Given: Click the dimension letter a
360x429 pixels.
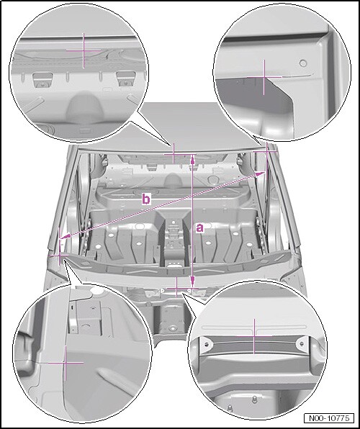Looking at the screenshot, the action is pos(200,228).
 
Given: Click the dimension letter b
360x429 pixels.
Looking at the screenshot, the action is pos(146,199).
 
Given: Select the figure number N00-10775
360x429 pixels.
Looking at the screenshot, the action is pos(329,418).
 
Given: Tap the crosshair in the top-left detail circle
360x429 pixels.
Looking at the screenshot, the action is pos(84,50).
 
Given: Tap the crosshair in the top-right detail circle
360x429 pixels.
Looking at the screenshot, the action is pos(264,78).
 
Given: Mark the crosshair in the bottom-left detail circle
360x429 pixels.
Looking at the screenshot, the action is pos(66,363).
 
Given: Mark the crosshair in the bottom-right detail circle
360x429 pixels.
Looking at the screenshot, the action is pos(254,336).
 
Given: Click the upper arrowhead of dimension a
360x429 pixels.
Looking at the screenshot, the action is pos(193,158).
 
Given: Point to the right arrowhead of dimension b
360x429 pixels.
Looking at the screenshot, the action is pos(261,174).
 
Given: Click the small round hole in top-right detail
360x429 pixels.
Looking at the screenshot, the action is pos(303,63).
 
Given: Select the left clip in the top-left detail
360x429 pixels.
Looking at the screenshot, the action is pos(42,80).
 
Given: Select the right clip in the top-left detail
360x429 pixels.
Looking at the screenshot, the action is pos(126,79).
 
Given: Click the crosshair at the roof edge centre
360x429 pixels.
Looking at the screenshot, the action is pos(174,154).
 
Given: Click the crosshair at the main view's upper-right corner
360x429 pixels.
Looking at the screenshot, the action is pos(267,150).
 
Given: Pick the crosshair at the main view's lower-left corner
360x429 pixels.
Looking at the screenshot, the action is pos(60,255).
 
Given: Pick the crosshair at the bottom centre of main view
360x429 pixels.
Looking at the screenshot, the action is pos(176,288).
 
